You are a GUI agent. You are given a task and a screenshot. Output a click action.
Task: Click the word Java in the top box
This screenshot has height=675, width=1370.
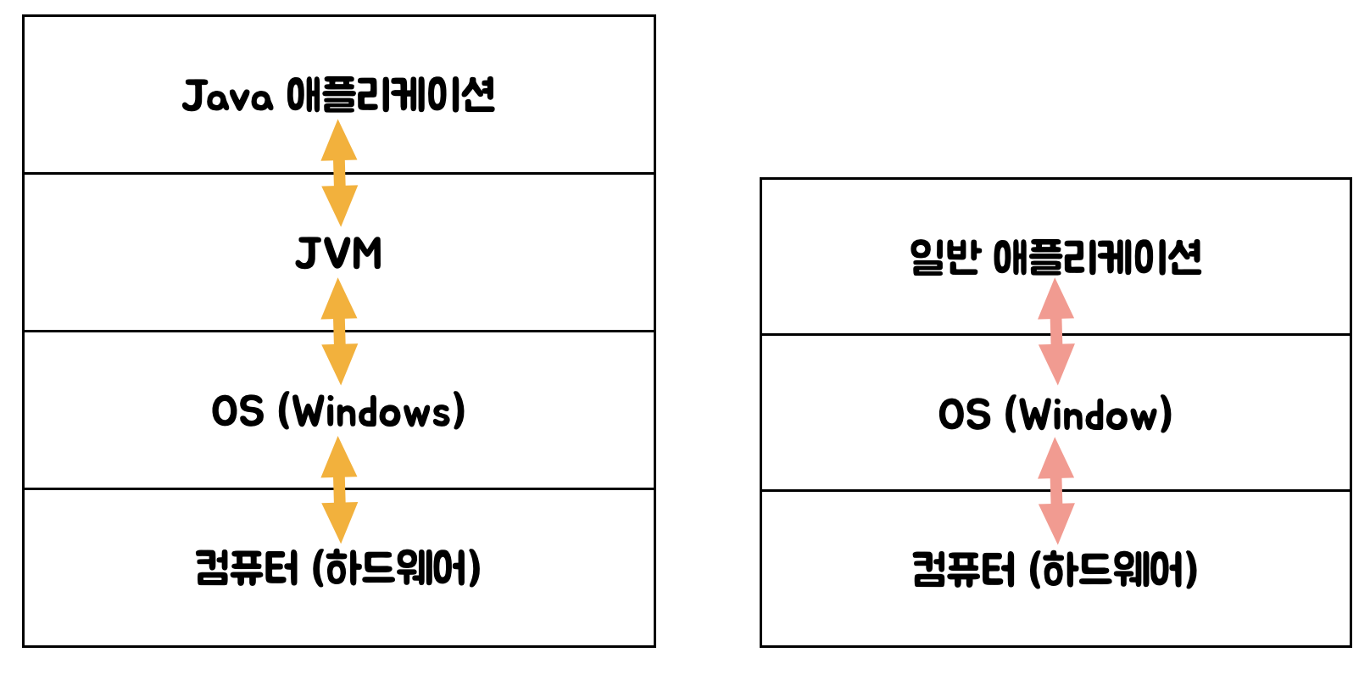227,96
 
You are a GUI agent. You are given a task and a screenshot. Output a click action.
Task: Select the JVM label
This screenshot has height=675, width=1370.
339,253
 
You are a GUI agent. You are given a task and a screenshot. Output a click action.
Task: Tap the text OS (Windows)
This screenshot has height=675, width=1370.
339,411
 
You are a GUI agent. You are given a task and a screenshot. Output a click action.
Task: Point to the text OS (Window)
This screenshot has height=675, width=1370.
1055,415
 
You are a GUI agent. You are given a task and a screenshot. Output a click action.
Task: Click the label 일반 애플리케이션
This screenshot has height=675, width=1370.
1055,257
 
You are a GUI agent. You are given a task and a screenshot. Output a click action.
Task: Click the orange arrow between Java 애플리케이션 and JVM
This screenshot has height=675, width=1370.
339,173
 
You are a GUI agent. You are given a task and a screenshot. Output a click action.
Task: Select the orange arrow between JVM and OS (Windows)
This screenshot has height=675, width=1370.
339,332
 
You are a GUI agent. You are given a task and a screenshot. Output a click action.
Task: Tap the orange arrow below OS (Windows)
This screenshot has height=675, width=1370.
339,489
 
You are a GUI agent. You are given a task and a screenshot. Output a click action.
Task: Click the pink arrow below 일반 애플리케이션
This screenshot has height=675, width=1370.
1056,332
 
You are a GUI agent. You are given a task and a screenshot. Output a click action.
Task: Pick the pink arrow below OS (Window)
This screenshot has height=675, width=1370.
1056,491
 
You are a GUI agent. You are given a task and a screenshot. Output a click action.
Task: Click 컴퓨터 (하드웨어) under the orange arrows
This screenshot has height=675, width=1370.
338,568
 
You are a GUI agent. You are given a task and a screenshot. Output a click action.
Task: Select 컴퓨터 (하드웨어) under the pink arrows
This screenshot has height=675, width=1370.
1055,569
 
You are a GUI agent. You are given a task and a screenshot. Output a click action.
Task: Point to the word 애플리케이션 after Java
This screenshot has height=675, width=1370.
391,95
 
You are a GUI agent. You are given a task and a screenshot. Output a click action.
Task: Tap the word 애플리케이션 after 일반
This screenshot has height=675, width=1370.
1097,257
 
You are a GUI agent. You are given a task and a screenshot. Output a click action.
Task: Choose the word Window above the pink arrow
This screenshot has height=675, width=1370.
1089,416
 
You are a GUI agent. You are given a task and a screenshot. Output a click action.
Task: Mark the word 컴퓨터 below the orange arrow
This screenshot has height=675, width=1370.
247,568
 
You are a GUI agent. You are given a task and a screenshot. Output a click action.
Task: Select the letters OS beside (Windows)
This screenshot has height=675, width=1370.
237,411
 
